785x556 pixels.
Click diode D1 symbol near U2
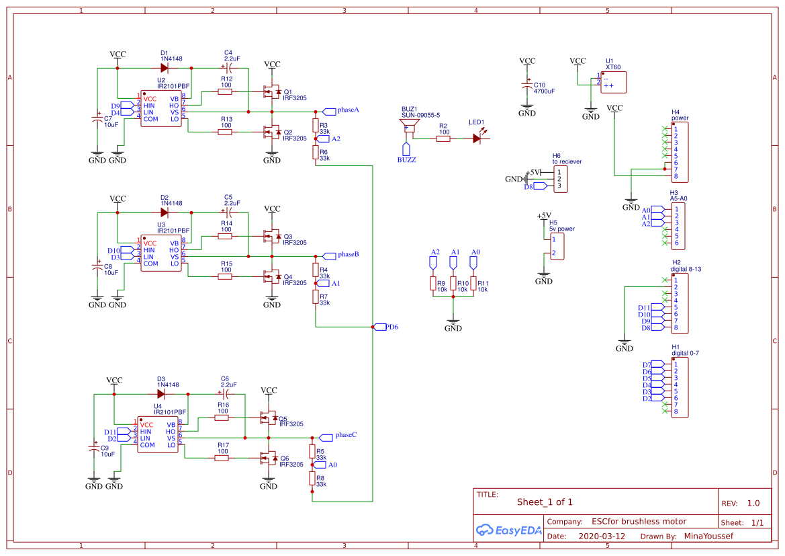point(165,68)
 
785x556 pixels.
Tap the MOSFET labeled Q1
point(272,92)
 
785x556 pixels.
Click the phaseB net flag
point(330,255)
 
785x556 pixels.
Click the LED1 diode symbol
point(477,138)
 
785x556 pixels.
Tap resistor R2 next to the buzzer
point(443,138)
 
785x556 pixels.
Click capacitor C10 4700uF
point(527,87)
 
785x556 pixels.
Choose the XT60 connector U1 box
point(614,82)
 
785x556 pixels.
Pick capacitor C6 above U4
point(225,394)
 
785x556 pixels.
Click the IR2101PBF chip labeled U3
point(161,253)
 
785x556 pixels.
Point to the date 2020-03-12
point(601,537)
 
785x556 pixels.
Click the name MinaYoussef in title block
point(708,537)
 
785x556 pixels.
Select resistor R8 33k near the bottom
point(312,478)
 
